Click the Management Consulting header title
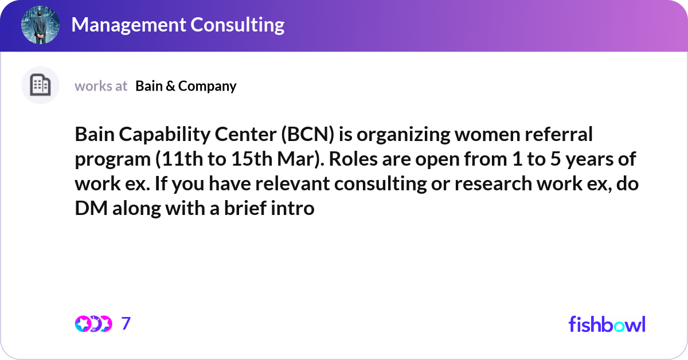tap(178, 25)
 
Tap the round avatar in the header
tap(40, 25)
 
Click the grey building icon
tap(40, 85)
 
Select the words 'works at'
tap(101, 86)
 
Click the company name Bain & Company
tap(186, 86)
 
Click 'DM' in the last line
tap(89, 208)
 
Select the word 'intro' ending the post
tap(295, 208)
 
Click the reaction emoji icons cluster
tap(93, 324)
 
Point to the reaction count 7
tap(126, 324)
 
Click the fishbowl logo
tap(607, 324)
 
